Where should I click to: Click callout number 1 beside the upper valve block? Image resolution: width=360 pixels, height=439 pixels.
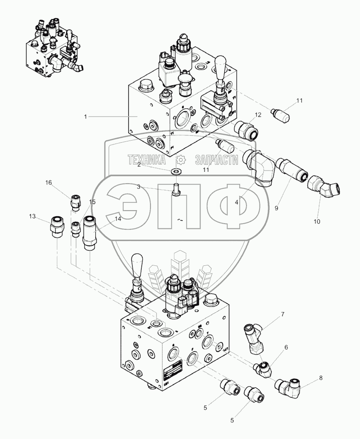[x=86, y=116]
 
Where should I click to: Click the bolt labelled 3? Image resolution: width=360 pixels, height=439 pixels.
[x=177, y=191]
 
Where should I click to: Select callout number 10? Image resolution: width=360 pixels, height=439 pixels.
[x=317, y=221]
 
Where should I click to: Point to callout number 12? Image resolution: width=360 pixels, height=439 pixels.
[x=258, y=114]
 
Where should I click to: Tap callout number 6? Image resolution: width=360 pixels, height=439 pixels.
[x=286, y=347]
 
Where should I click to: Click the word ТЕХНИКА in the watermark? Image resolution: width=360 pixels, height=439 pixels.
[x=146, y=160]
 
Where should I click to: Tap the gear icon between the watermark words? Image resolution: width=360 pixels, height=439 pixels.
[x=180, y=160]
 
